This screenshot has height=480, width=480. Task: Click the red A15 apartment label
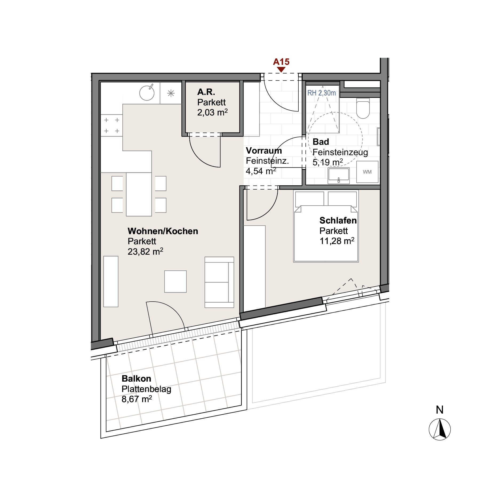pyautogui.click(x=281, y=62)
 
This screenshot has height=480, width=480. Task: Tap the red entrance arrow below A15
pyautogui.click(x=281, y=70)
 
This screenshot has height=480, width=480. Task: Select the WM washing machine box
pyautogui.click(x=367, y=172)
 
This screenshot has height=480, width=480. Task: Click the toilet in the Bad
pyautogui.click(x=363, y=109)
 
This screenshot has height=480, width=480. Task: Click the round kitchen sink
pyautogui.click(x=147, y=93)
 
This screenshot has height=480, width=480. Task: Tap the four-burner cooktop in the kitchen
pyautogui.click(x=111, y=126)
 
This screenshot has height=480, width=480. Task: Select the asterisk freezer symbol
pyautogui.click(x=171, y=93)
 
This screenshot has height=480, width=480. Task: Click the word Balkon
pyautogui.click(x=136, y=379)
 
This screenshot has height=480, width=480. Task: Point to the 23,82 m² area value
pyautogui.click(x=145, y=251)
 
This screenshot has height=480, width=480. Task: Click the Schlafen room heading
pyautogui.click(x=338, y=221)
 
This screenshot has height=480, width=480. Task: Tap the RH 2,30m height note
pyautogui.click(x=322, y=93)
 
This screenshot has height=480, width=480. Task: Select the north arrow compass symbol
pyautogui.click(x=440, y=429)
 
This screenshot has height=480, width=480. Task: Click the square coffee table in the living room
pyautogui.click(x=175, y=282)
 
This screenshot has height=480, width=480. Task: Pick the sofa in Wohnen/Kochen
pyautogui.click(x=219, y=282)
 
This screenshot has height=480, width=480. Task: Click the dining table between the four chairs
pyautogui.click(x=139, y=194)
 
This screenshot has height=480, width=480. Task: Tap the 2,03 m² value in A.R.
pyautogui.click(x=212, y=113)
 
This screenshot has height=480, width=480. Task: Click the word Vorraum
pyautogui.click(x=264, y=151)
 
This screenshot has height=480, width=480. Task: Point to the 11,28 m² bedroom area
pyautogui.click(x=337, y=241)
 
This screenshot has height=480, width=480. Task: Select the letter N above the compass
pyautogui.click(x=440, y=410)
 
